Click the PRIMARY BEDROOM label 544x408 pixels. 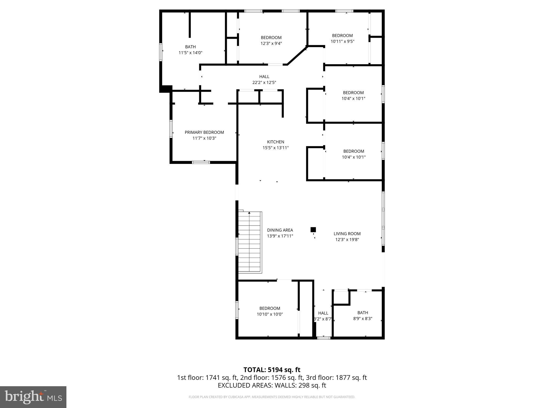(204, 132)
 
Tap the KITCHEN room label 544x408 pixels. (275, 142)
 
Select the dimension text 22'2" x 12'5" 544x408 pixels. (264, 83)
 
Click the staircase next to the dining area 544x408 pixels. (250, 242)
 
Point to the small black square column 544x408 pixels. (313, 229)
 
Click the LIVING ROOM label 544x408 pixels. (347, 234)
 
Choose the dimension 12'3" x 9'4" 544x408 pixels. (271, 44)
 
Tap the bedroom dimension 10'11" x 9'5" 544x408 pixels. (342, 41)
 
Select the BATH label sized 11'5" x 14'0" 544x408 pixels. (190, 47)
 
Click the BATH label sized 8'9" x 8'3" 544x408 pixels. (363, 313)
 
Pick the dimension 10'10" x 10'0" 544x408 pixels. (270, 314)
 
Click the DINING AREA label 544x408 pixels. (280, 230)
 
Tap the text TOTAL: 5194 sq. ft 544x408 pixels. (272, 370)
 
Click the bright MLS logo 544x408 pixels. (33, 397)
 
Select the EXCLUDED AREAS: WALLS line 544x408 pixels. (272, 385)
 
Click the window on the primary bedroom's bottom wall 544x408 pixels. (201, 162)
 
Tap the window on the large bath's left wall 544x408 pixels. (161, 52)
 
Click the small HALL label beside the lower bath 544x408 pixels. (323, 313)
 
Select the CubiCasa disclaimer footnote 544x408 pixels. (272, 397)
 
